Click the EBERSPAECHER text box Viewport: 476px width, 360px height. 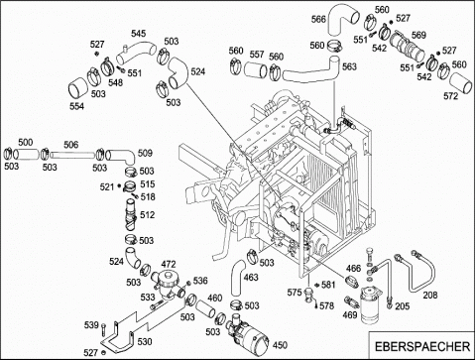pos(422,346)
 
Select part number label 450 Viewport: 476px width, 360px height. pos(280,345)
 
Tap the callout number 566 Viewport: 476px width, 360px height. pos(318,19)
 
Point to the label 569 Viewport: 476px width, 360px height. pos(418,35)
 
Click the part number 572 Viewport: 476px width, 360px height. pos(450,96)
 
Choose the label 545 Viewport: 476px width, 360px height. pos(138,34)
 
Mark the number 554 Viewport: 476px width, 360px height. pos(76,106)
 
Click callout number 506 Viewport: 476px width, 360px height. pos(71,145)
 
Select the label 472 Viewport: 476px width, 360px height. pos(169,264)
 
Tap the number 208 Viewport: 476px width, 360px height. pos(430,295)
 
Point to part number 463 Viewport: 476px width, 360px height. pos(251,277)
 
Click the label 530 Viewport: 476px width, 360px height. pos(145,341)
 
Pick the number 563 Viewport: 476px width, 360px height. pos(349,66)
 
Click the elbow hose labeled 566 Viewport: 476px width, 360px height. pos(340,21)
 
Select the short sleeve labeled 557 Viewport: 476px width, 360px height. pos(256,70)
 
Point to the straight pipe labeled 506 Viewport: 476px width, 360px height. pos(73,155)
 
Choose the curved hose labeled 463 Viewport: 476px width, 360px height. pos(237,278)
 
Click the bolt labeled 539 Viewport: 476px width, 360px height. pos(104,328)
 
